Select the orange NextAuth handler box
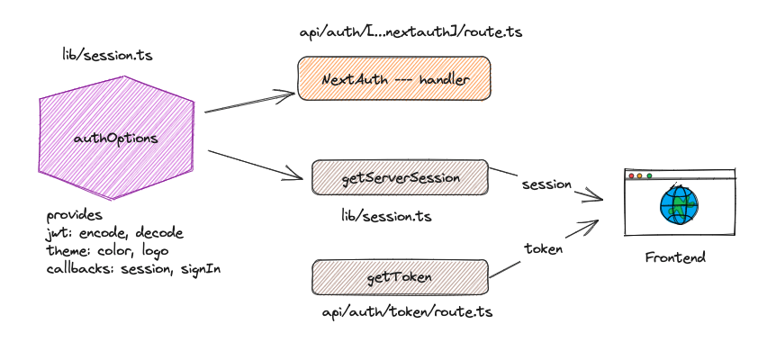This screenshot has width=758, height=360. pyautogui.click(x=394, y=79)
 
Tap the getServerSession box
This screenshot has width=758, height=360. pyautogui.click(x=400, y=178)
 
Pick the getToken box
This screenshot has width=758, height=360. pyautogui.click(x=400, y=277)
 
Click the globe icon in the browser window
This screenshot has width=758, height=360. pyautogui.click(x=678, y=204)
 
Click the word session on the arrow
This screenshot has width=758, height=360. pyautogui.click(x=546, y=184)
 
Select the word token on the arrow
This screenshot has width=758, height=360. pyautogui.click(x=543, y=248)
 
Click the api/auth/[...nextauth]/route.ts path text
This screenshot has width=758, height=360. pyautogui.click(x=411, y=31)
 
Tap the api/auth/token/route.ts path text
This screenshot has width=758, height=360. pyautogui.click(x=407, y=312)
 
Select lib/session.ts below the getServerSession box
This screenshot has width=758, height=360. pyautogui.click(x=385, y=216)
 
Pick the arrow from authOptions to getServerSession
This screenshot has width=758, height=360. pyautogui.click(x=255, y=163)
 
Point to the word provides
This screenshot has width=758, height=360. pyautogui.click(x=75, y=216)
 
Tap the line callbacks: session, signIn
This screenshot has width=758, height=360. pyautogui.click(x=133, y=267)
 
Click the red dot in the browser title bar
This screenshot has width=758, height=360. pyautogui.click(x=631, y=175)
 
